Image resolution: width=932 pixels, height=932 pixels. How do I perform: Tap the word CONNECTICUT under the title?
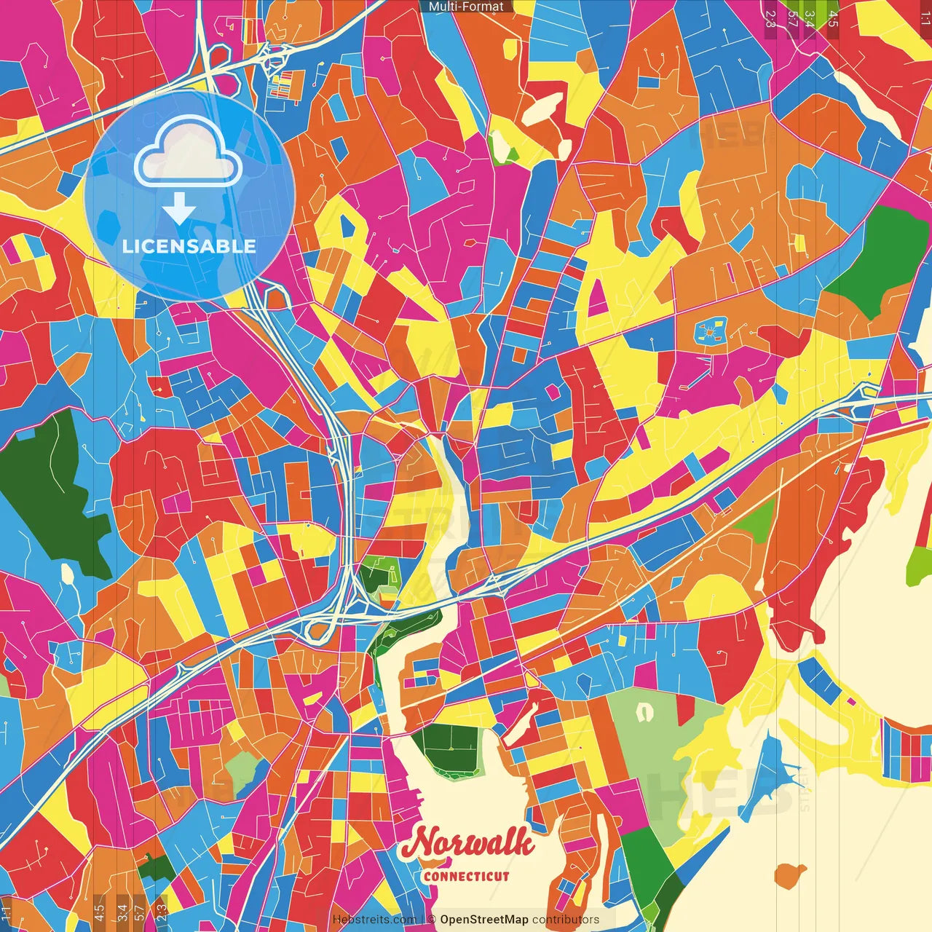[466, 876]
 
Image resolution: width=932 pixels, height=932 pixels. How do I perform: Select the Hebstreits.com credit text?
[374, 920]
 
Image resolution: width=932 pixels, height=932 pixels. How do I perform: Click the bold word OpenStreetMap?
[484, 920]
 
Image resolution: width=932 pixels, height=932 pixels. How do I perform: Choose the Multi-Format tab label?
[466, 7]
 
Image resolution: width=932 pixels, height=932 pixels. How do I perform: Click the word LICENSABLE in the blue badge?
[189, 246]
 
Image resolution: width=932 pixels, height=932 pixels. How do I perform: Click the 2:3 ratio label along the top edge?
[770, 18]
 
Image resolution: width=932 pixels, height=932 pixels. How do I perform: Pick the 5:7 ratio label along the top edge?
[791, 18]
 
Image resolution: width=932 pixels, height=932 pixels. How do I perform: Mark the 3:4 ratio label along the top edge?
[810, 18]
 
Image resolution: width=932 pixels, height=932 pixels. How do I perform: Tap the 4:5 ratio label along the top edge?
[833, 18]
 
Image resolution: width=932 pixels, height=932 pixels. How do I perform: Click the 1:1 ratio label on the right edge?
[925, 18]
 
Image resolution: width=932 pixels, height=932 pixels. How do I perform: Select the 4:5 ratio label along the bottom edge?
[99, 912]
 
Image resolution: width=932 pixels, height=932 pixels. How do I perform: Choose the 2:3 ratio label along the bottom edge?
[161, 912]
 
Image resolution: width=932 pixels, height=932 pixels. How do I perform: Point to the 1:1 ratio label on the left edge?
[7, 912]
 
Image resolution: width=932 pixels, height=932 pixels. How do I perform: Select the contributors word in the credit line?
[566, 920]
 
